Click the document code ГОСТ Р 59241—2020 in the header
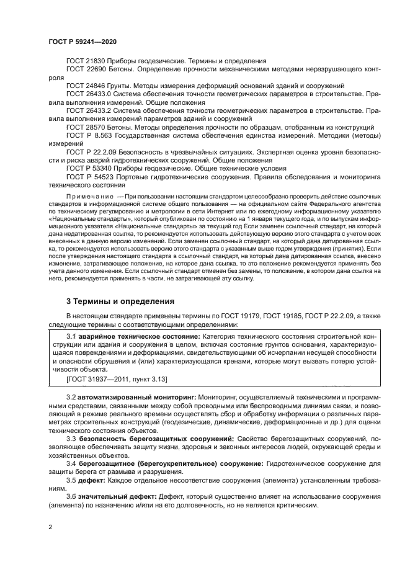82,42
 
